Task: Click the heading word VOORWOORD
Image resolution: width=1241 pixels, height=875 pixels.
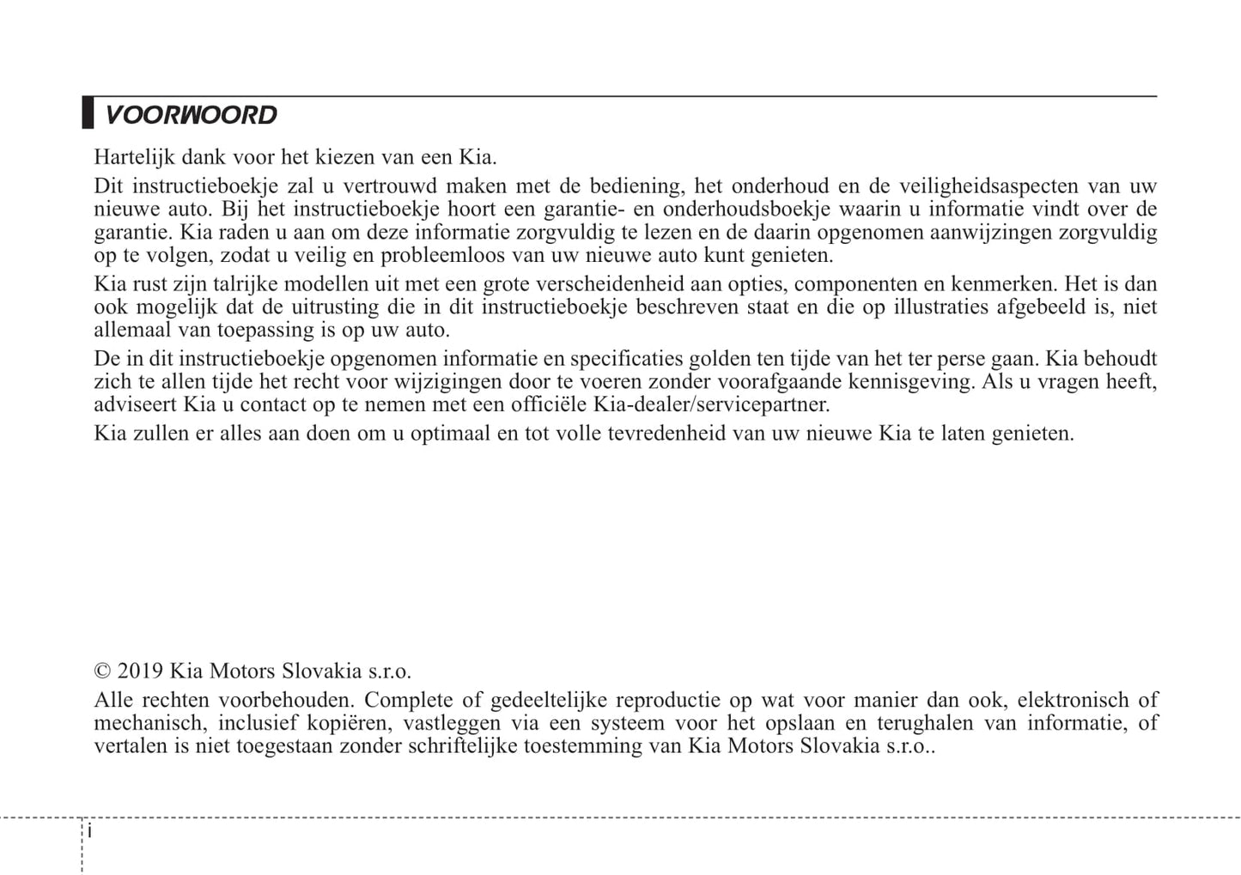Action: (x=191, y=115)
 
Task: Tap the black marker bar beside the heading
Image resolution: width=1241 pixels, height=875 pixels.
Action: (x=88, y=113)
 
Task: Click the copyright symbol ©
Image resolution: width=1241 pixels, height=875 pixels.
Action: (x=102, y=671)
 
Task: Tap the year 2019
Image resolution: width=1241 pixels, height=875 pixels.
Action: (x=140, y=671)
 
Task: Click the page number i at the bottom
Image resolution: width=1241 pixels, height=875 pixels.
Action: (x=90, y=832)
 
